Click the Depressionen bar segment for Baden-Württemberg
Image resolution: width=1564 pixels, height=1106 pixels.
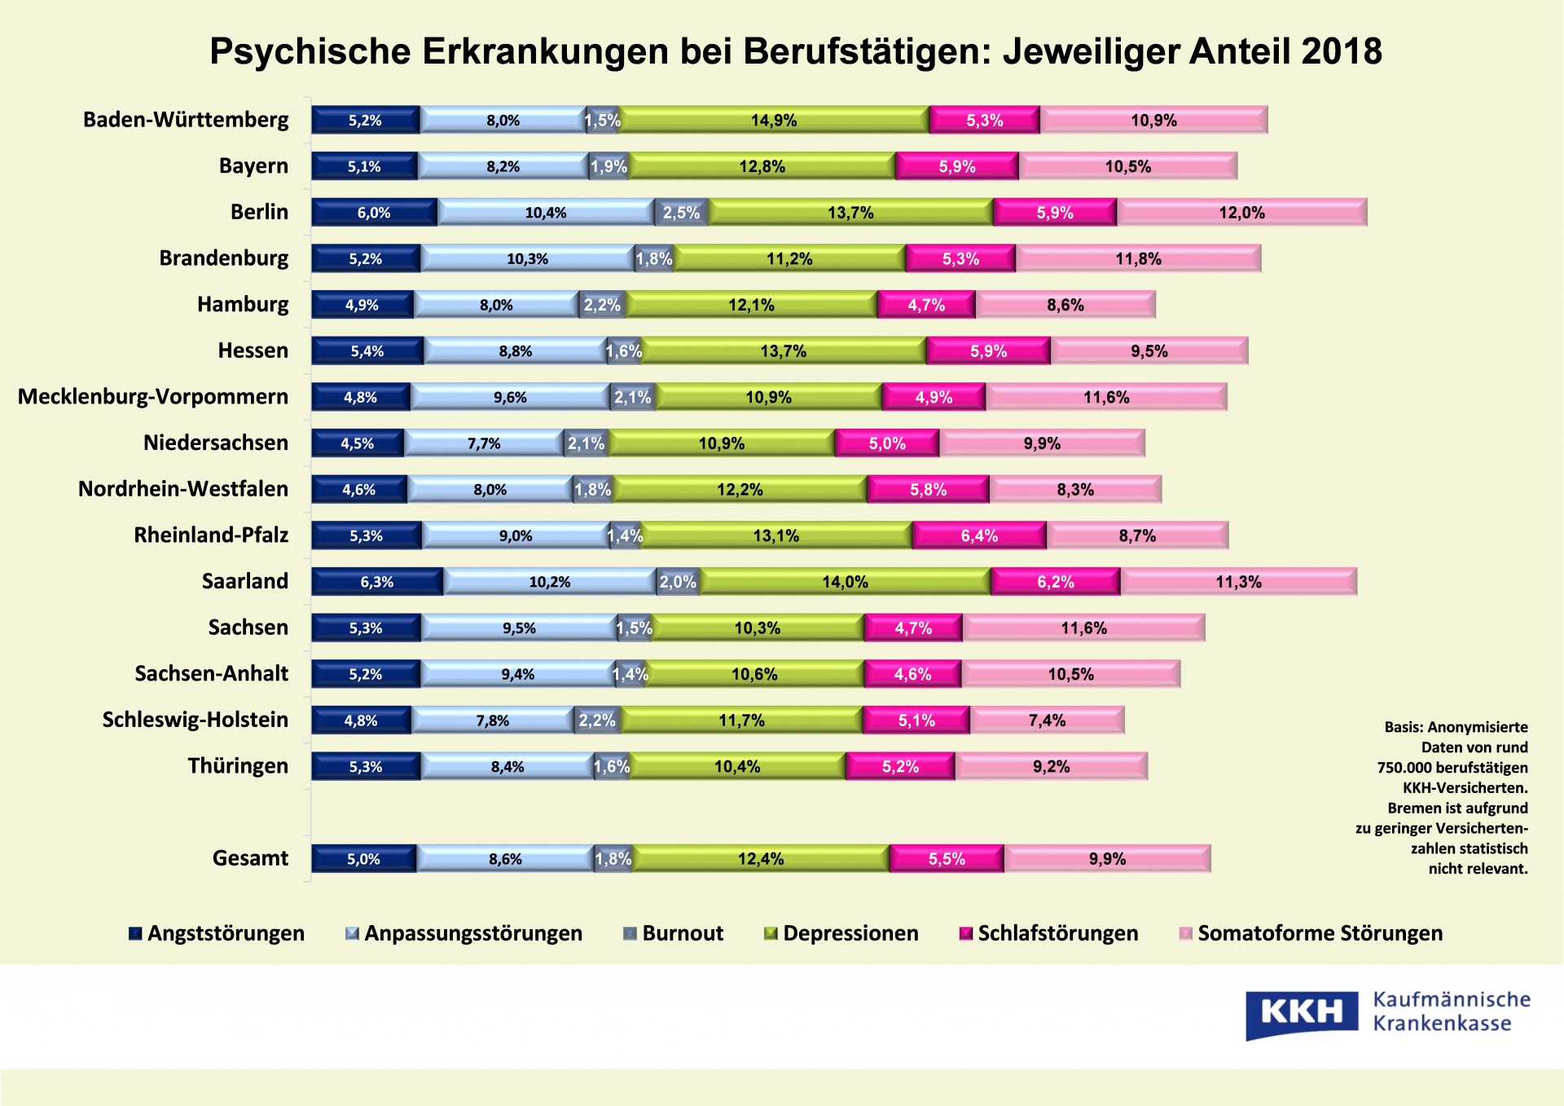point(774,120)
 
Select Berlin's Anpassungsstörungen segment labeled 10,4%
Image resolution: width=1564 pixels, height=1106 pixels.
point(546,213)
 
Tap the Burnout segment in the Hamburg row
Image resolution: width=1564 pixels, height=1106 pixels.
point(602,305)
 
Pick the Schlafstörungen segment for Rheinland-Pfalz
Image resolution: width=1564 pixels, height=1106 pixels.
point(979,535)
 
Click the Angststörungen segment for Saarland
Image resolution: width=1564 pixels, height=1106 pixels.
point(377,582)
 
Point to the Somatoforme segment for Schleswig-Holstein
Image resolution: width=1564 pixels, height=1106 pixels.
point(1047,720)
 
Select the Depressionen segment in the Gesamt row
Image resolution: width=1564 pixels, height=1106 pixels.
point(761,859)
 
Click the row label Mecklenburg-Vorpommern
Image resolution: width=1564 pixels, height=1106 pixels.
point(153,397)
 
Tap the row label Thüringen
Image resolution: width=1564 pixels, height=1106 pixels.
point(238,766)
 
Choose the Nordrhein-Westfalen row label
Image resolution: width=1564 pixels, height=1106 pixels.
point(183,489)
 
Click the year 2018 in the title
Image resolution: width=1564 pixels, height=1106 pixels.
point(1342,51)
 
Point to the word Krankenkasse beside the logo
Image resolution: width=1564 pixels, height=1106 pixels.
point(1442,1024)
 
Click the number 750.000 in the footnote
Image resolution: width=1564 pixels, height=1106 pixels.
point(1404,768)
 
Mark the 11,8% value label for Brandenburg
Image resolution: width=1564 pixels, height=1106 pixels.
point(1138,259)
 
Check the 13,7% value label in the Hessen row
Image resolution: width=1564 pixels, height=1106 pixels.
point(783,351)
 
